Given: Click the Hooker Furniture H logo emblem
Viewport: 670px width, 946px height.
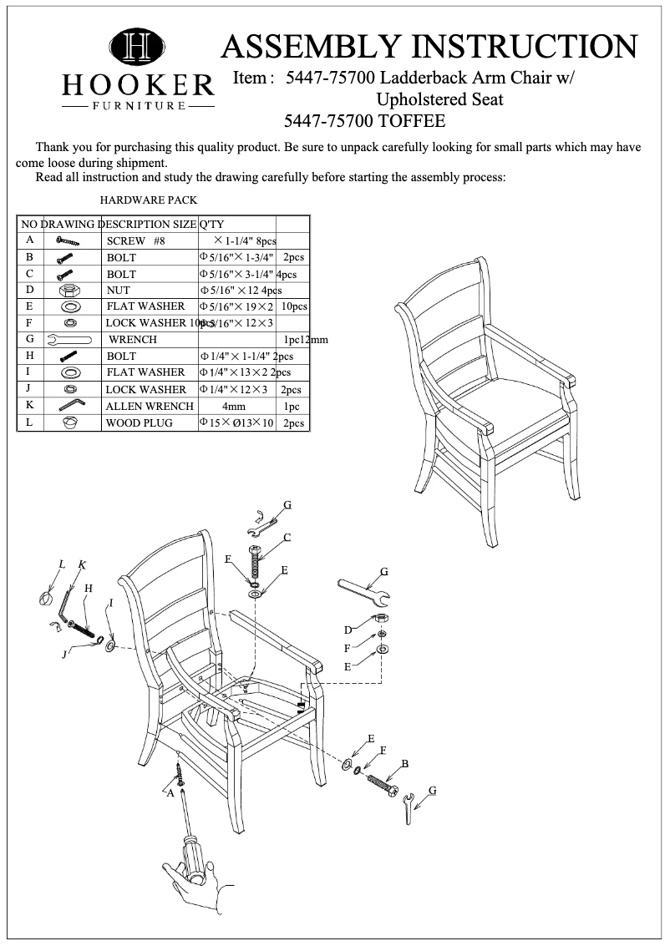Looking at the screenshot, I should pyautogui.click(x=139, y=48).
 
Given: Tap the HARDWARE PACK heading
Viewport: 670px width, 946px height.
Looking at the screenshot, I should pyautogui.click(x=149, y=200).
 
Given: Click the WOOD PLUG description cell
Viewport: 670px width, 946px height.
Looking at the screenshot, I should pyautogui.click(x=139, y=423).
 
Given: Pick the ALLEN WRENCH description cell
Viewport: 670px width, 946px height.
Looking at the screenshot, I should pyautogui.click(x=150, y=407).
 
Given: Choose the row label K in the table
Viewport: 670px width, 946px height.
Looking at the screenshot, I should pyautogui.click(x=29, y=406).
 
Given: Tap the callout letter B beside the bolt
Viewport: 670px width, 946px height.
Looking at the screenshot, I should pyautogui.click(x=404, y=764).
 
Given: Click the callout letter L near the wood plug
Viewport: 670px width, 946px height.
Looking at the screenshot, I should pyautogui.click(x=61, y=565).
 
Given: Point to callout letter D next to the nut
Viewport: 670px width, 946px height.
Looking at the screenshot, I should pyautogui.click(x=348, y=630).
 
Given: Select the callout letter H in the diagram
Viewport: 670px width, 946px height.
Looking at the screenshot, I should pyautogui.click(x=88, y=589).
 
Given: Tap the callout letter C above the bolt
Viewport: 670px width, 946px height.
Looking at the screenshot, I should pyautogui.click(x=287, y=537).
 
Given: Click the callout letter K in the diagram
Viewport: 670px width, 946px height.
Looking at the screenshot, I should pyautogui.click(x=82, y=565).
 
